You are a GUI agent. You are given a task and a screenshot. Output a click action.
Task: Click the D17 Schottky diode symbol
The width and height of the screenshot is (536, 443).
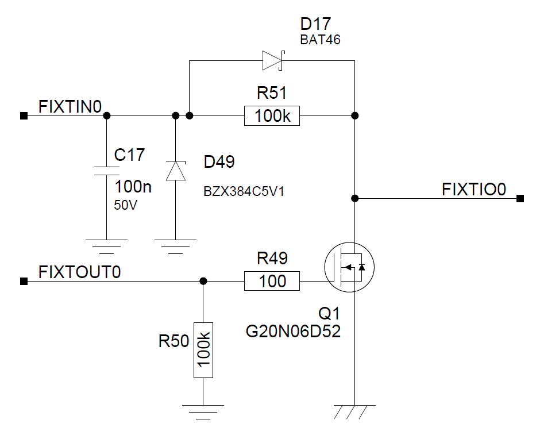click(x=272, y=60)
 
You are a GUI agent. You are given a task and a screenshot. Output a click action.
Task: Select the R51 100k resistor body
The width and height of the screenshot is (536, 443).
click(x=272, y=116)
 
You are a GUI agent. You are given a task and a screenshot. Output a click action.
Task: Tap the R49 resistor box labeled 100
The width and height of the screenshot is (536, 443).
click(x=272, y=281)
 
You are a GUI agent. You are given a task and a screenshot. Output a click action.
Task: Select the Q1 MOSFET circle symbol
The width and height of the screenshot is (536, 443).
click(x=349, y=268)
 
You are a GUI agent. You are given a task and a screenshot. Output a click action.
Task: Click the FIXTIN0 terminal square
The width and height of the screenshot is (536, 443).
click(x=24, y=116)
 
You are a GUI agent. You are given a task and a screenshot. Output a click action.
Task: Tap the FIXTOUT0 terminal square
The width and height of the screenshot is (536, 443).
click(x=24, y=281)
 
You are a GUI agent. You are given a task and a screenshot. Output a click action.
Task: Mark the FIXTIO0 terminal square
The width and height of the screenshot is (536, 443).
click(x=520, y=199)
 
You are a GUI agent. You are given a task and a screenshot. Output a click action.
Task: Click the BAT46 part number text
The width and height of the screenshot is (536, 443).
click(x=321, y=40)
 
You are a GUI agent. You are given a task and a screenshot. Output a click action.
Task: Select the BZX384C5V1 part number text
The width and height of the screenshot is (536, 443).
click(x=244, y=192)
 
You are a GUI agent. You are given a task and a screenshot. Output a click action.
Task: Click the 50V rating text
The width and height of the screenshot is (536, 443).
click(x=126, y=205)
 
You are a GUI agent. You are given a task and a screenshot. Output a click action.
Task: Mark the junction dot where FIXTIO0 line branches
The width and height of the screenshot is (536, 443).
click(x=355, y=199)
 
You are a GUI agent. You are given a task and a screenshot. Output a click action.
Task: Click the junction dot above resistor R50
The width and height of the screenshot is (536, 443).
click(x=203, y=281)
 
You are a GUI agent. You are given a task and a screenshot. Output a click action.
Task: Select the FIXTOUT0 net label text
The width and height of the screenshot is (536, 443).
click(x=79, y=271)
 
